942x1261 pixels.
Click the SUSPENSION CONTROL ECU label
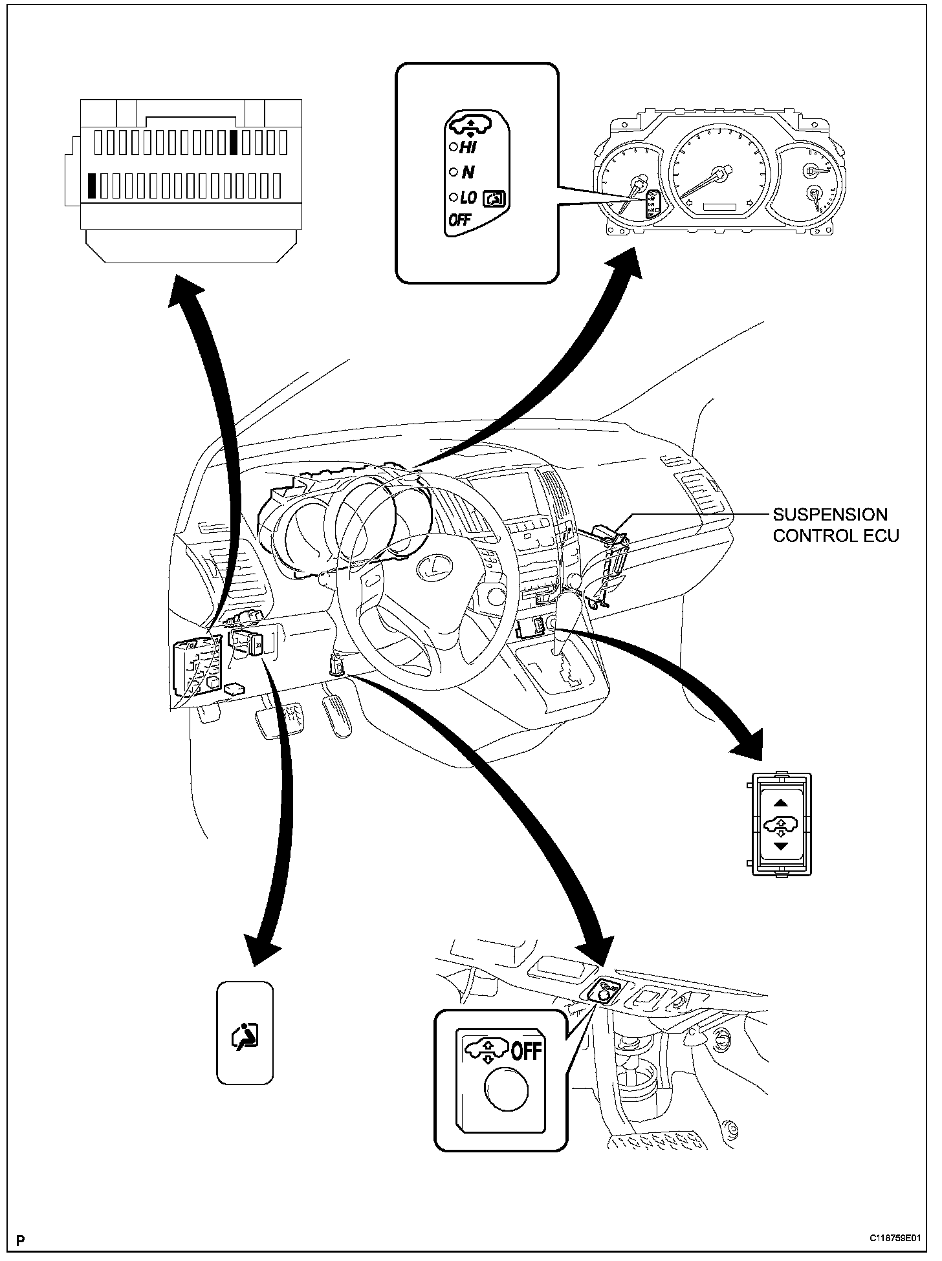(x=836, y=525)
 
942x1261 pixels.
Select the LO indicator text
(x=468, y=197)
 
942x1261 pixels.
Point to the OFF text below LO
(x=459, y=220)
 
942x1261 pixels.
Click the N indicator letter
(x=468, y=172)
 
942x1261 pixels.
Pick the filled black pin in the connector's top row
(x=234, y=143)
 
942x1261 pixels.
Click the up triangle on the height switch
(x=781, y=803)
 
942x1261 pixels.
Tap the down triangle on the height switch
(x=781, y=846)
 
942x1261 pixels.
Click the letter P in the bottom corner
(x=22, y=1240)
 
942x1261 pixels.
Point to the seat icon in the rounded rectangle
(x=245, y=1037)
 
